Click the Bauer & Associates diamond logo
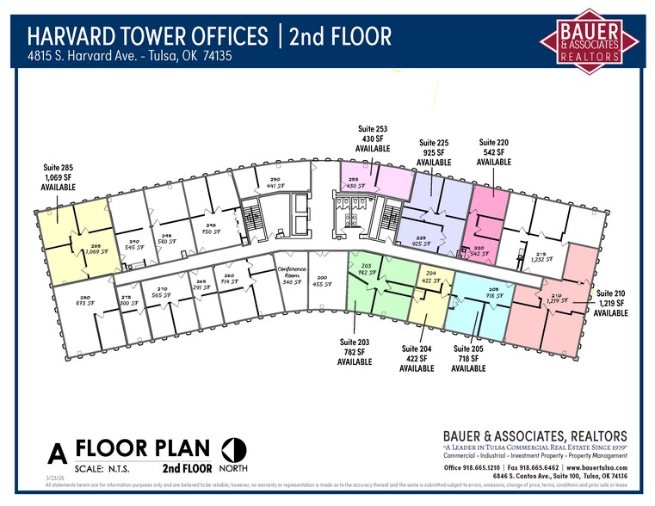coord(590,40)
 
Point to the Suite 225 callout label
coord(434,152)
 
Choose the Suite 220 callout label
coord(493,152)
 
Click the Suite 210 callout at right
coord(610,303)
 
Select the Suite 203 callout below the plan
coord(355,352)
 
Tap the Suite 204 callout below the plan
coord(417,358)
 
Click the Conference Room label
coord(291,275)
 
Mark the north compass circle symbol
coord(233,448)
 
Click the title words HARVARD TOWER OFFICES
coord(147,36)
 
